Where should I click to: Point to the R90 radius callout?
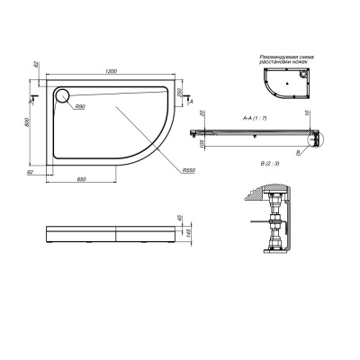[79, 107]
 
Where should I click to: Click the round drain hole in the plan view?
[64, 96]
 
